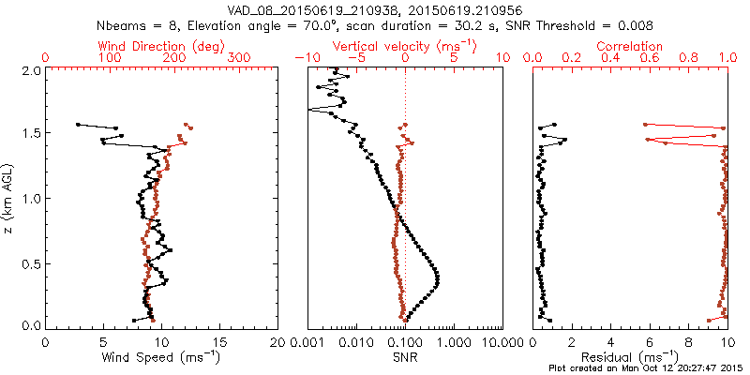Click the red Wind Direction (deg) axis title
pyautogui.click(x=162, y=46)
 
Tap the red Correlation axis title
pyautogui.click(x=631, y=46)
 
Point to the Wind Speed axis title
pyautogui.click(x=162, y=356)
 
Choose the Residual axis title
pyautogui.click(x=631, y=356)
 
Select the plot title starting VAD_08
pyautogui.click(x=374, y=9)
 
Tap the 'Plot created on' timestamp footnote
pyautogui.click(x=647, y=368)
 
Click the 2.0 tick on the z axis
pyautogui.click(x=33, y=70)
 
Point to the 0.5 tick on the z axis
pyautogui.click(x=33, y=263)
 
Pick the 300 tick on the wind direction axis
pyautogui.click(x=240, y=58)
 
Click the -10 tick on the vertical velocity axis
pyautogui.click(x=303, y=58)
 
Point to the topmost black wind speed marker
pyautogui.click(x=78, y=124)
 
